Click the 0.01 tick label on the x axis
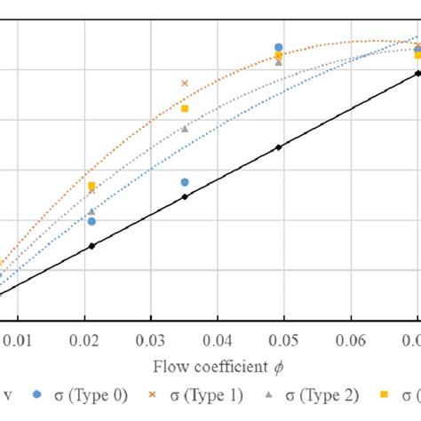[18, 338]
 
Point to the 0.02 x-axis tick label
[84, 338]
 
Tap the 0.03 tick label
[151, 338]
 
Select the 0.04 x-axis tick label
[218, 338]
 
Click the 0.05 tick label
[284, 338]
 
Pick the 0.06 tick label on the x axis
[352, 338]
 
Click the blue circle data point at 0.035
[185, 182]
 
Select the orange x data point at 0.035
[185, 83]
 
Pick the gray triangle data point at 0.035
[185, 129]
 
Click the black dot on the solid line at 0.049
[279, 147]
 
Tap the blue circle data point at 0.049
[279, 48]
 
